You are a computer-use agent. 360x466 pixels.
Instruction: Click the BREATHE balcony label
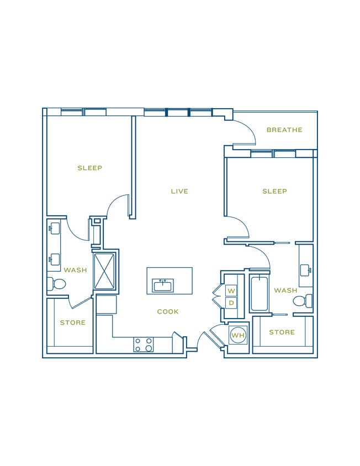[x=284, y=130]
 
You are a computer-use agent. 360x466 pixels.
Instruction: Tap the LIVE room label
[x=179, y=192]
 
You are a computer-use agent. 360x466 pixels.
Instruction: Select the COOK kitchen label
[x=168, y=312]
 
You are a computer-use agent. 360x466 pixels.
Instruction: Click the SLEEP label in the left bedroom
[x=89, y=168]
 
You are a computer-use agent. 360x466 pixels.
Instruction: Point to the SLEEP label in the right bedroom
[x=274, y=192]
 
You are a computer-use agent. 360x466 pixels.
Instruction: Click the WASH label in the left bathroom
[x=75, y=271]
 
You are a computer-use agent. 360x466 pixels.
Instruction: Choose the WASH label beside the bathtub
[x=285, y=290]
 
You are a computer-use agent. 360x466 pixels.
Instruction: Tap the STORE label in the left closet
[x=73, y=322]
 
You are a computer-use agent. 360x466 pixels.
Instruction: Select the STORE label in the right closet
[x=282, y=332]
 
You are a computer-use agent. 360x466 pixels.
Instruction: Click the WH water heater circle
[x=238, y=335]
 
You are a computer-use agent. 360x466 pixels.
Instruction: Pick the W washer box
[x=231, y=290]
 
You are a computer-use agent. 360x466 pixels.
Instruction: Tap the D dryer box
[x=231, y=303]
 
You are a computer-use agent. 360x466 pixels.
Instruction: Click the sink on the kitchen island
[x=163, y=285]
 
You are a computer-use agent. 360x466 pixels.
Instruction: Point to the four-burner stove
[x=144, y=345]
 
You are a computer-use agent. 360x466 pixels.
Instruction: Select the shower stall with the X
[x=104, y=271]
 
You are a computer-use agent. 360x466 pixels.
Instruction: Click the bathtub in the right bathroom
[x=259, y=294]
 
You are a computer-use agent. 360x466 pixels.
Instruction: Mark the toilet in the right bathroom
[x=301, y=301]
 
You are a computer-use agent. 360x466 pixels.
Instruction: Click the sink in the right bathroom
[x=307, y=270]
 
